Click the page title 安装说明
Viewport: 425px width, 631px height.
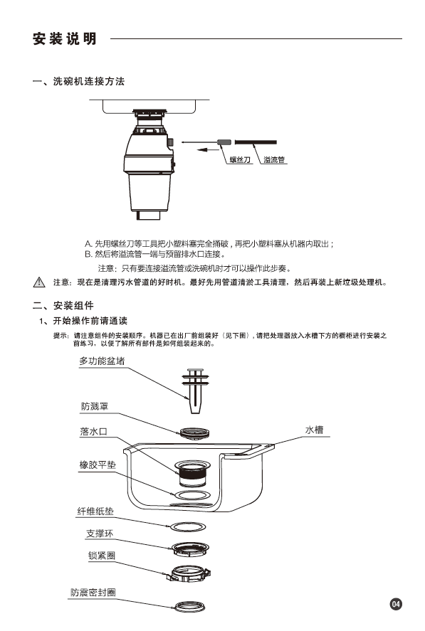(x=65, y=38)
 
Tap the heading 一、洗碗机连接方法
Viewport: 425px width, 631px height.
(x=78, y=81)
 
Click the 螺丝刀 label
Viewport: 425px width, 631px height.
(x=240, y=160)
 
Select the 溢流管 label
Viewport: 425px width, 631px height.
(x=274, y=160)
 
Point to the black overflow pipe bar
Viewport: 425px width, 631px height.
(x=256, y=142)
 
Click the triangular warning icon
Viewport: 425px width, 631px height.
(x=39, y=282)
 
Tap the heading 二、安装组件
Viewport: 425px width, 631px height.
(x=63, y=305)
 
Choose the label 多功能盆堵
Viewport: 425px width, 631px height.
(x=102, y=361)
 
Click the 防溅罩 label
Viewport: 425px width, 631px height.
(x=95, y=406)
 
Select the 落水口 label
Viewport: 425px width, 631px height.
(x=93, y=432)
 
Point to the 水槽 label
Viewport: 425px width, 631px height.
(x=314, y=430)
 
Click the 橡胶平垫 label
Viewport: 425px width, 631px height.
(x=98, y=465)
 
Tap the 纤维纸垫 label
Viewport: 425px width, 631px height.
(x=95, y=511)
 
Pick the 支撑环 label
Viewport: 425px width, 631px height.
(x=100, y=534)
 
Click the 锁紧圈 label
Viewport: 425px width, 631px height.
(x=102, y=556)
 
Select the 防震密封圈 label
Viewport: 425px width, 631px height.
(x=93, y=593)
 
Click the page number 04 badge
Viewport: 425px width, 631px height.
(x=396, y=604)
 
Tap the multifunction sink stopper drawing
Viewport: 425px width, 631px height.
(x=195, y=391)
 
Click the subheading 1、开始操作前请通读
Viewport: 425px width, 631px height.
(x=83, y=321)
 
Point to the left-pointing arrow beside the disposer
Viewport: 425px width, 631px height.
(x=208, y=150)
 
